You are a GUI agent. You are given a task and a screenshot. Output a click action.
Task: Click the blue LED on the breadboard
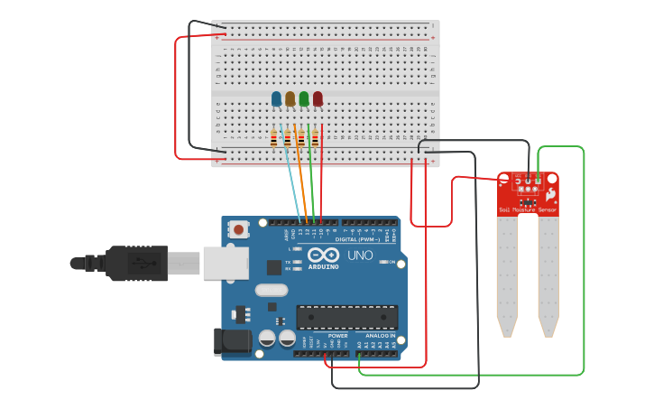(x=276, y=98)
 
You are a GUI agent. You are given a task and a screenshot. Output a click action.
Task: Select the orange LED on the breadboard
(x=290, y=98)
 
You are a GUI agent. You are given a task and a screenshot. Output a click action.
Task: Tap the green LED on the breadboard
(x=304, y=98)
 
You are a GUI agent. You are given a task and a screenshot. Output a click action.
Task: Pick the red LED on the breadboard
(x=318, y=98)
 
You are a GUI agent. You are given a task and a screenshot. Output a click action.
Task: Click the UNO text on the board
(x=361, y=256)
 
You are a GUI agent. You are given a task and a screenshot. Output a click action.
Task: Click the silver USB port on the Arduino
(x=225, y=263)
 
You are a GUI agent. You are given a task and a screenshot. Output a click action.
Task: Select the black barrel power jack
(x=232, y=341)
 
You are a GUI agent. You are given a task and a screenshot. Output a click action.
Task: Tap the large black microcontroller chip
(x=347, y=318)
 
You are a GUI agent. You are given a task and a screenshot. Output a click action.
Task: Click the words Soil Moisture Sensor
(x=528, y=209)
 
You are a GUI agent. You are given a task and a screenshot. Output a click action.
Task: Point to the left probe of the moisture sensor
(x=507, y=275)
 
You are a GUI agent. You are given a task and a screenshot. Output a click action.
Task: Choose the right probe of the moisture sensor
(x=548, y=275)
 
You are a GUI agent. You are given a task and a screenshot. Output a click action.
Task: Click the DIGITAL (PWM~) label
(x=356, y=239)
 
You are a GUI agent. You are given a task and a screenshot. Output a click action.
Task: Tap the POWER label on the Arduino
(x=337, y=336)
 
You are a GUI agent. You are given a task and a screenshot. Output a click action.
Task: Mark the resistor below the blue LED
(x=273, y=138)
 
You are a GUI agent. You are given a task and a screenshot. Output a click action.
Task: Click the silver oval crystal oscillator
(x=271, y=290)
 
